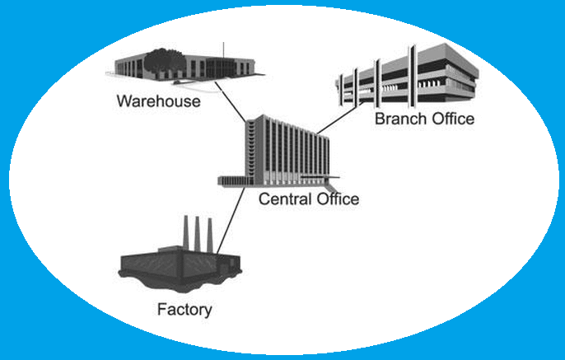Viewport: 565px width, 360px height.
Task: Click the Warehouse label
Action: [159, 101]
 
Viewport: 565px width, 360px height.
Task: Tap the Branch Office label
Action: [424, 119]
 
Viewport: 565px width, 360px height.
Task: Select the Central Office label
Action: [309, 199]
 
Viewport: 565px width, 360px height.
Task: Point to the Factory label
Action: [184, 310]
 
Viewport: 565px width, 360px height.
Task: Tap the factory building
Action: [181, 264]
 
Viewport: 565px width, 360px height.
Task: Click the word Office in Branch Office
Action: [451, 119]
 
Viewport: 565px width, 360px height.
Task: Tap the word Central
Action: [283, 199]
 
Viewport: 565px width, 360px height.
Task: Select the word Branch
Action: [399, 119]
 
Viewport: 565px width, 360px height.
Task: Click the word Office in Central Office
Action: [334, 199]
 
